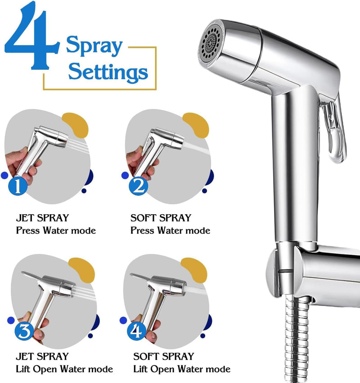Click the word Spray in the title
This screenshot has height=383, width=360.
coord(94,46)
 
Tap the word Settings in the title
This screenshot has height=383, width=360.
coord(108,72)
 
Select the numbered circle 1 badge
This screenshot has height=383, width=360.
coord(18,186)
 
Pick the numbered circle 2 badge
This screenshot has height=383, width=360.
coord(138,186)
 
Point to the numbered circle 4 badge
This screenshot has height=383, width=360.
coord(136,331)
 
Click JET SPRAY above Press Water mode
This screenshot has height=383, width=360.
coord(42,218)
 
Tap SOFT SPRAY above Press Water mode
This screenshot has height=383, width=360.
coord(161,218)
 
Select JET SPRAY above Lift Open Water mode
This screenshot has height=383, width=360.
coord(42,356)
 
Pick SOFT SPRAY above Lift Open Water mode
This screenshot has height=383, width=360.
coord(163,356)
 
